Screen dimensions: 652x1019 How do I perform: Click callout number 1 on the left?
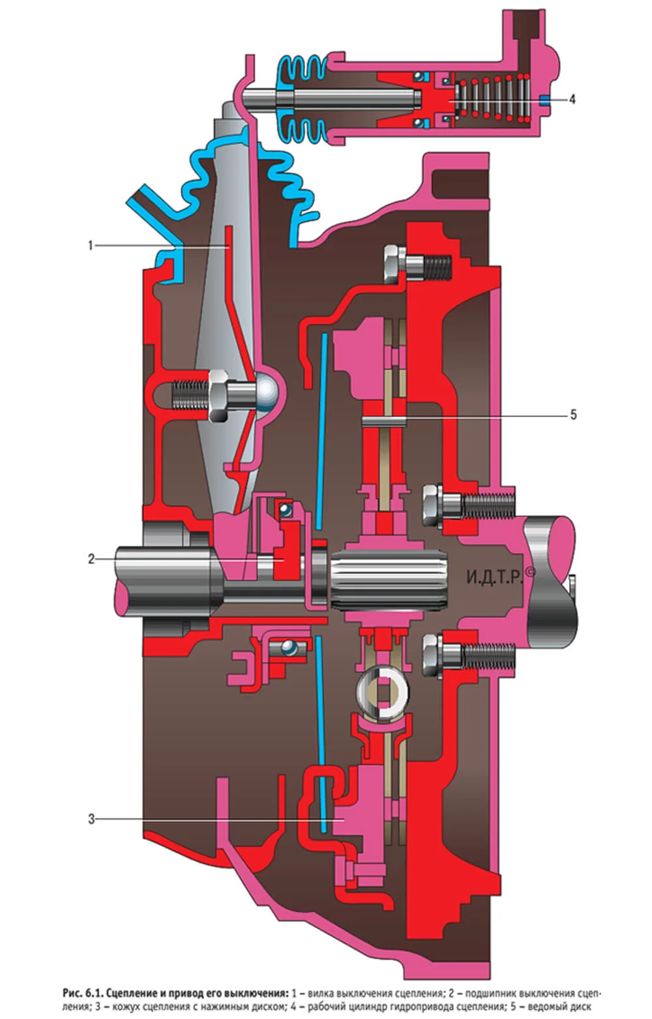[90, 246]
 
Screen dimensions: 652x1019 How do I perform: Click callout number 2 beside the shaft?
[91, 559]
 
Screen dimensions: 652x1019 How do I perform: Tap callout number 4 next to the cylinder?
[572, 98]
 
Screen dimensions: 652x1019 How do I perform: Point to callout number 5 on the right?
[573, 415]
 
